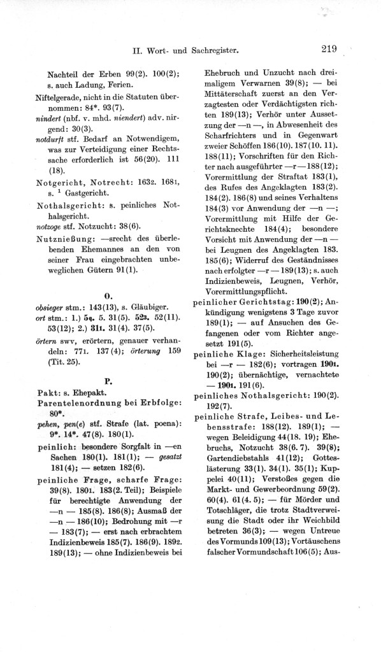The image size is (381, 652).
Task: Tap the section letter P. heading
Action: coord(108,381)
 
